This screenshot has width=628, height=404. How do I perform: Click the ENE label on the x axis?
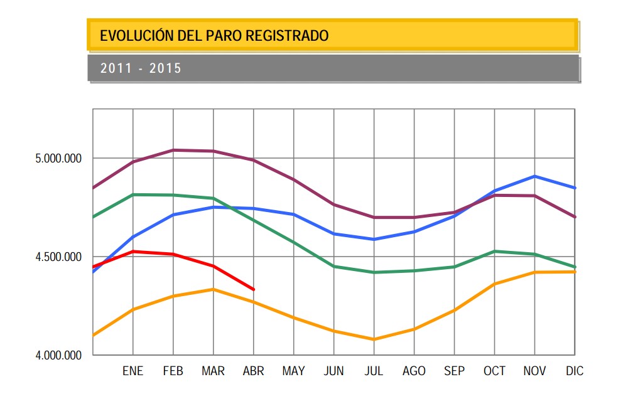tap(133, 371)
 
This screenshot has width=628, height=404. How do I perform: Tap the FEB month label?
tap(173, 371)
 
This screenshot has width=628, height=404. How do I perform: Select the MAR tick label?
tap(213, 371)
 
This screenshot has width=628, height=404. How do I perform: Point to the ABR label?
tap(253, 371)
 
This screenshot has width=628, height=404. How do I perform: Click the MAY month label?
tap(293, 371)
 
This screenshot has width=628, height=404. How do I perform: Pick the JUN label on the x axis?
tap(333, 371)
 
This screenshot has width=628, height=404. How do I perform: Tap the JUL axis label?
tap(374, 371)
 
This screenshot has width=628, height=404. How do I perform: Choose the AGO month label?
tap(414, 371)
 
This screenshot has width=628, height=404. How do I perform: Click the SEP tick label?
tap(454, 371)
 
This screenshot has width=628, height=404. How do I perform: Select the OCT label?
tap(494, 371)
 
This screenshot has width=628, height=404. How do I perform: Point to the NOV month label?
tap(534, 371)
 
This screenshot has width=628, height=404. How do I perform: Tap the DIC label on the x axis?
tap(574, 371)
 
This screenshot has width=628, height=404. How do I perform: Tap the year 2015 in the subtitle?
tap(165, 68)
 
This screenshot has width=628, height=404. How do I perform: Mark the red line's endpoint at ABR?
tap(253, 289)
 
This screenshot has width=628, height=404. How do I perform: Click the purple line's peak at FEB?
tap(173, 150)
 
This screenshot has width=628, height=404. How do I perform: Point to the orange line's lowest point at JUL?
tap(374, 339)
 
